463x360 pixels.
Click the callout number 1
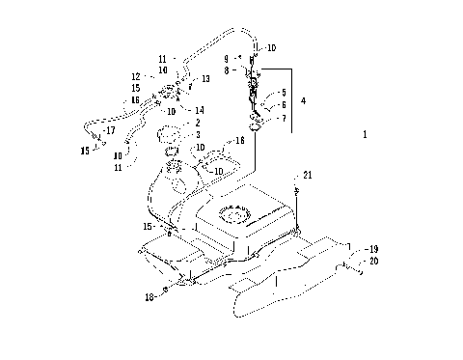365,136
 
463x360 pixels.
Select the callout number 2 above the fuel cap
197,123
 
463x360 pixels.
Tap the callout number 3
197,135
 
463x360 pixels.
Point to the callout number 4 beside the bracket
303,99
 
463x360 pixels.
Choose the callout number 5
284,91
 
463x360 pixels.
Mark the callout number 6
284,104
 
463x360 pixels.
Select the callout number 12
135,76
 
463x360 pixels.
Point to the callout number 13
205,79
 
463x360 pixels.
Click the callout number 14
200,110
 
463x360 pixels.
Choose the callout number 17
110,130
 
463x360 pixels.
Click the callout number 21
308,175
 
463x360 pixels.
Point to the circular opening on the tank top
234,212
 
